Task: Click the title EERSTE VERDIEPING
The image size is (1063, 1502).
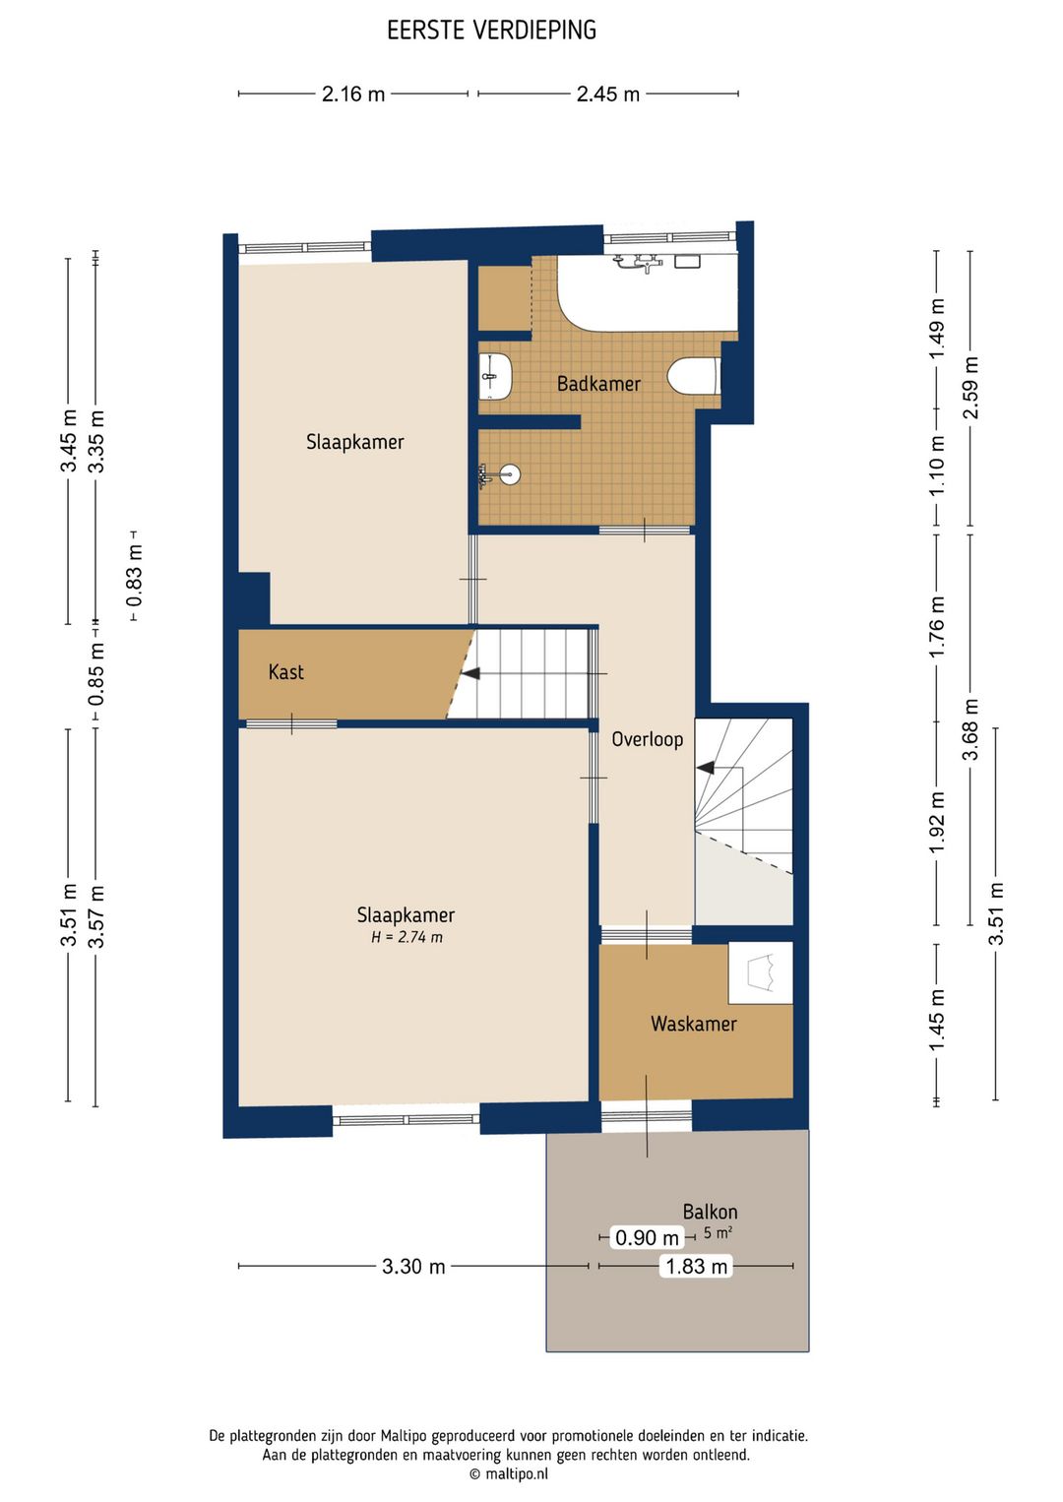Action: click(x=491, y=31)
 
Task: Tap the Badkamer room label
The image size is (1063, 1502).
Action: click(x=598, y=384)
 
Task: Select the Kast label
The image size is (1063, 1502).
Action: click(x=285, y=672)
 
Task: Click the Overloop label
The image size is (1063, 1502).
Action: click(x=648, y=739)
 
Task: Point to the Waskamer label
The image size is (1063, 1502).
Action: click(x=694, y=1024)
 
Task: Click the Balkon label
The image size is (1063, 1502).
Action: click(x=711, y=1212)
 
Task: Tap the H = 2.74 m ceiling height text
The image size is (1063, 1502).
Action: click(x=407, y=937)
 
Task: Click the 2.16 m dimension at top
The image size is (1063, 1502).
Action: click(x=353, y=94)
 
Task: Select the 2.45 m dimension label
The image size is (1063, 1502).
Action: click(x=608, y=94)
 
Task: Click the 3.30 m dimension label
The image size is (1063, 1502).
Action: click(x=413, y=1266)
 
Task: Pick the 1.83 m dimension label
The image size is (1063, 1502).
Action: click(x=696, y=1266)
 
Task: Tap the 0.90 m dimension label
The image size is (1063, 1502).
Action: click(x=648, y=1237)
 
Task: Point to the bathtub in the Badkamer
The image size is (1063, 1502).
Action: click(x=648, y=293)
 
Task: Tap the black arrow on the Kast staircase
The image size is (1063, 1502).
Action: click(x=470, y=673)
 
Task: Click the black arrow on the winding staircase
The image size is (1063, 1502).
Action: click(x=705, y=767)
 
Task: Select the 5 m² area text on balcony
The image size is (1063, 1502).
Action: click(x=718, y=1232)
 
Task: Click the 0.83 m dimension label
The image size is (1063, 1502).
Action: click(x=135, y=576)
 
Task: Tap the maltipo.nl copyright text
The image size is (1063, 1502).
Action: click(x=508, y=1473)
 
